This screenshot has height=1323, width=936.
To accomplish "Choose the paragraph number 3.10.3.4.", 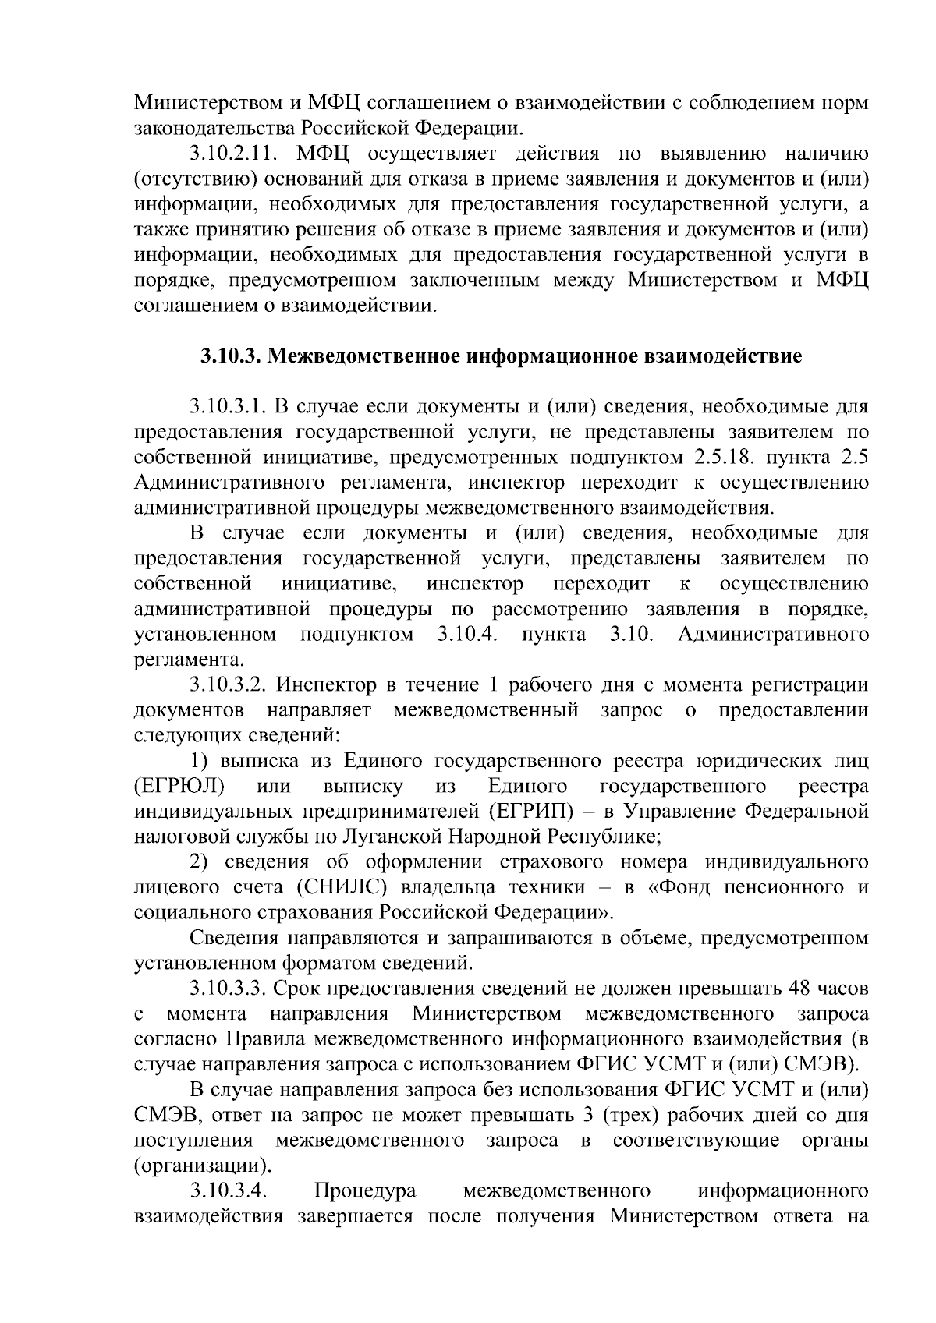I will (230, 1193).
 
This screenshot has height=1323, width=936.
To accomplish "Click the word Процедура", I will (364, 1193).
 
